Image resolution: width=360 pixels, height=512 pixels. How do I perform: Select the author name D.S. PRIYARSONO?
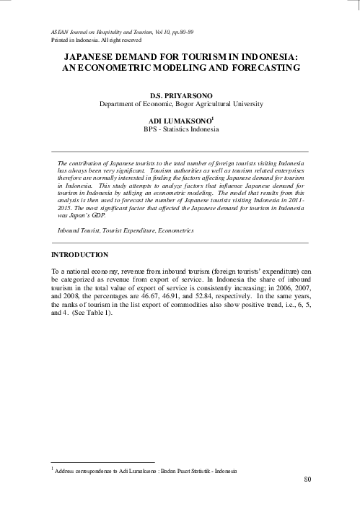pyautogui.click(x=180, y=95)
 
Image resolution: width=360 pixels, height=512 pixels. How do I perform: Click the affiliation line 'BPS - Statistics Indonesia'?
pyautogui.click(x=180, y=130)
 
